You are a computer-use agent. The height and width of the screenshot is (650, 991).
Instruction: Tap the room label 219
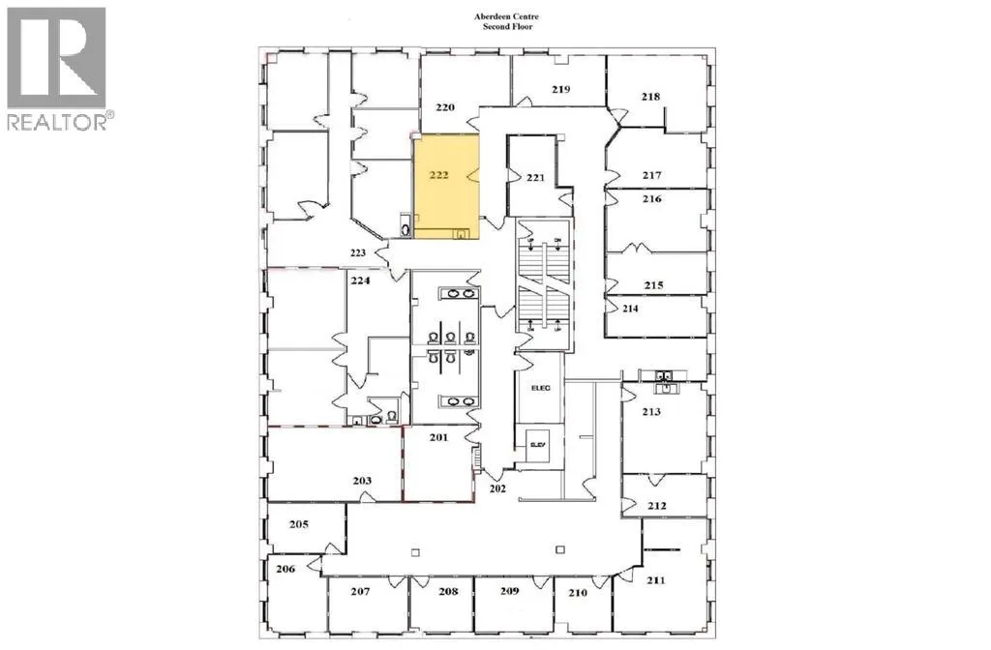click(560, 89)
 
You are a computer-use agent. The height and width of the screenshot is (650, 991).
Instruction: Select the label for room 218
click(650, 96)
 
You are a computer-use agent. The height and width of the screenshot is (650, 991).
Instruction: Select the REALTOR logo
click(57, 68)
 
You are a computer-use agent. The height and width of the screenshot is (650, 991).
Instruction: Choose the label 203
click(362, 481)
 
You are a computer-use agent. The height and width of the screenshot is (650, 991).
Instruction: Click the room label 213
click(651, 412)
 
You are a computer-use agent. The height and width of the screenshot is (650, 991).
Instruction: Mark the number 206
click(285, 570)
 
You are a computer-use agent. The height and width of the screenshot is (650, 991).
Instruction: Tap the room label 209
click(509, 591)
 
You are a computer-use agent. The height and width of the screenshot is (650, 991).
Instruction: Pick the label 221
click(537, 177)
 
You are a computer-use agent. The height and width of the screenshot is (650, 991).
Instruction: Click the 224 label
click(360, 283)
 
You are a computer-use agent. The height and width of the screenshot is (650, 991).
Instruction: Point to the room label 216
click(651, 199)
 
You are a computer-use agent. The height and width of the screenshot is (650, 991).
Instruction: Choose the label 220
click(445, 108)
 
